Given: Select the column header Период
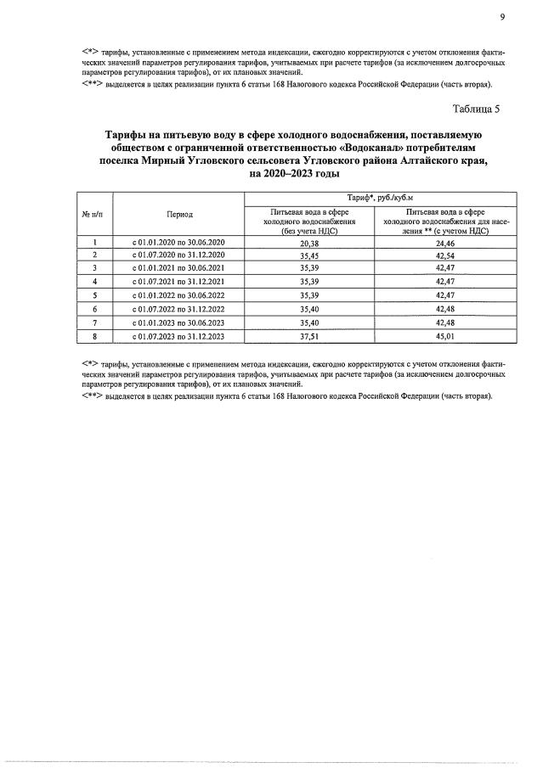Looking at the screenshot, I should pos(179,216).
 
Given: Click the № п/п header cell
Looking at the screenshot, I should pos(95,216).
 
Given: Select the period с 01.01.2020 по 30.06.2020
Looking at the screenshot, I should pos(179,242).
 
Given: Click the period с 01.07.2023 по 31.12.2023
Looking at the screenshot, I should pos(179,336).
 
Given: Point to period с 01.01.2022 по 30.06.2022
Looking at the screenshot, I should pos(179,295).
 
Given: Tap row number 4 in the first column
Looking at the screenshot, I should pos(95,282).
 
